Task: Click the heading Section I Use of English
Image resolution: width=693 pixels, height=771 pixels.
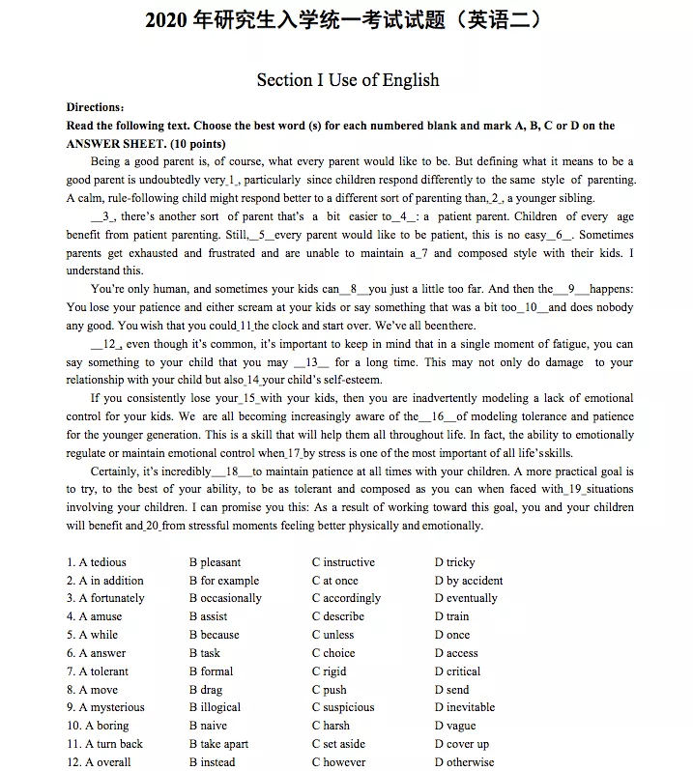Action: click(347, 80)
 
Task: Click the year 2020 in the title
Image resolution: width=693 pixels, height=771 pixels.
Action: click(165, 19)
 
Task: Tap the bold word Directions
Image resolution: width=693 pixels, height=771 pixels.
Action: click(95, 107)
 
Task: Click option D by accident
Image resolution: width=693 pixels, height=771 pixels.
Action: click(469, 581)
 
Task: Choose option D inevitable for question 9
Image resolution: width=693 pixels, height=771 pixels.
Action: click(469, 707)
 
